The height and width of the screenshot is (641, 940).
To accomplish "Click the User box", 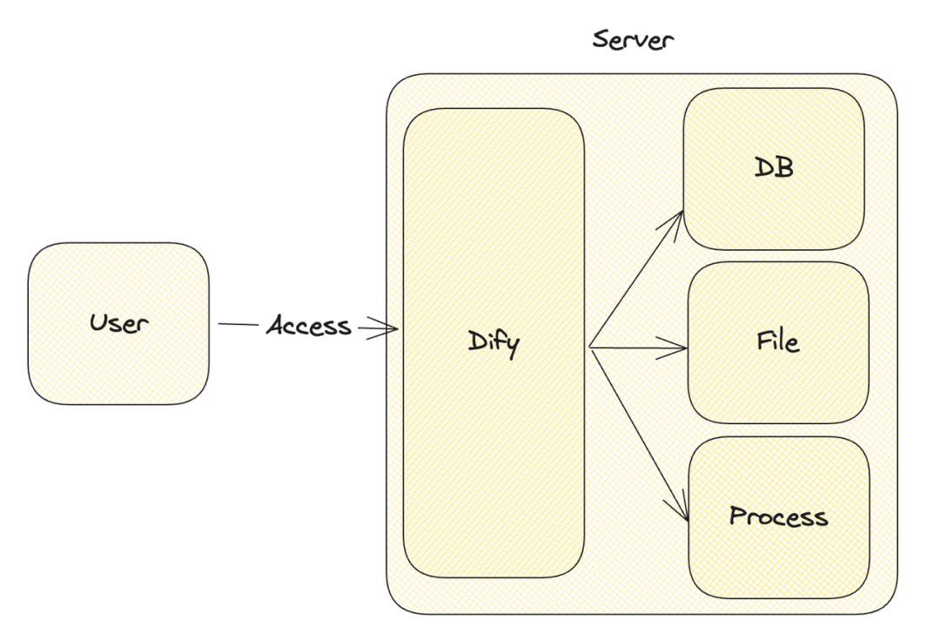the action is [118, 324].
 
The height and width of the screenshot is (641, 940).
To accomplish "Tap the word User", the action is [118, 323].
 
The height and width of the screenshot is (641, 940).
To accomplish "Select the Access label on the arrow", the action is [309, 326].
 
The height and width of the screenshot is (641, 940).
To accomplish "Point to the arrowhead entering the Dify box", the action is [384, 328].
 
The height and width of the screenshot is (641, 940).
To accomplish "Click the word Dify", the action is [493, 343].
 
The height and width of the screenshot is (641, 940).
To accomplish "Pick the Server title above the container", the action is [633, 39].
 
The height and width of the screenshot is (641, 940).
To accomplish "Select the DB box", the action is [774, 168].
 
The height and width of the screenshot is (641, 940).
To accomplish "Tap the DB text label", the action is [774, 167].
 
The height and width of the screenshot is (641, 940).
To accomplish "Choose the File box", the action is [778, 342].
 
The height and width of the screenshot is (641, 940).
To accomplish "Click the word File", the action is [777, 341].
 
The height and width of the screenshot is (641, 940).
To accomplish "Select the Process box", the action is [779, 516].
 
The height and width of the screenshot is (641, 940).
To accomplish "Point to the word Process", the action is [778, 516].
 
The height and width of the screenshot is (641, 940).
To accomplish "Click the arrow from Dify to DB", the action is [636, 279].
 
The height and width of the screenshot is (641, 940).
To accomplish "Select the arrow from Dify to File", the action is [638, 347].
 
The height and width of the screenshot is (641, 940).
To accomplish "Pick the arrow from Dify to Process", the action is [639, 434].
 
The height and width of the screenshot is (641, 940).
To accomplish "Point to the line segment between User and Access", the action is [238, 324].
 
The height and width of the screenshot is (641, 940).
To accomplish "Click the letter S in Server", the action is [601, 39].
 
